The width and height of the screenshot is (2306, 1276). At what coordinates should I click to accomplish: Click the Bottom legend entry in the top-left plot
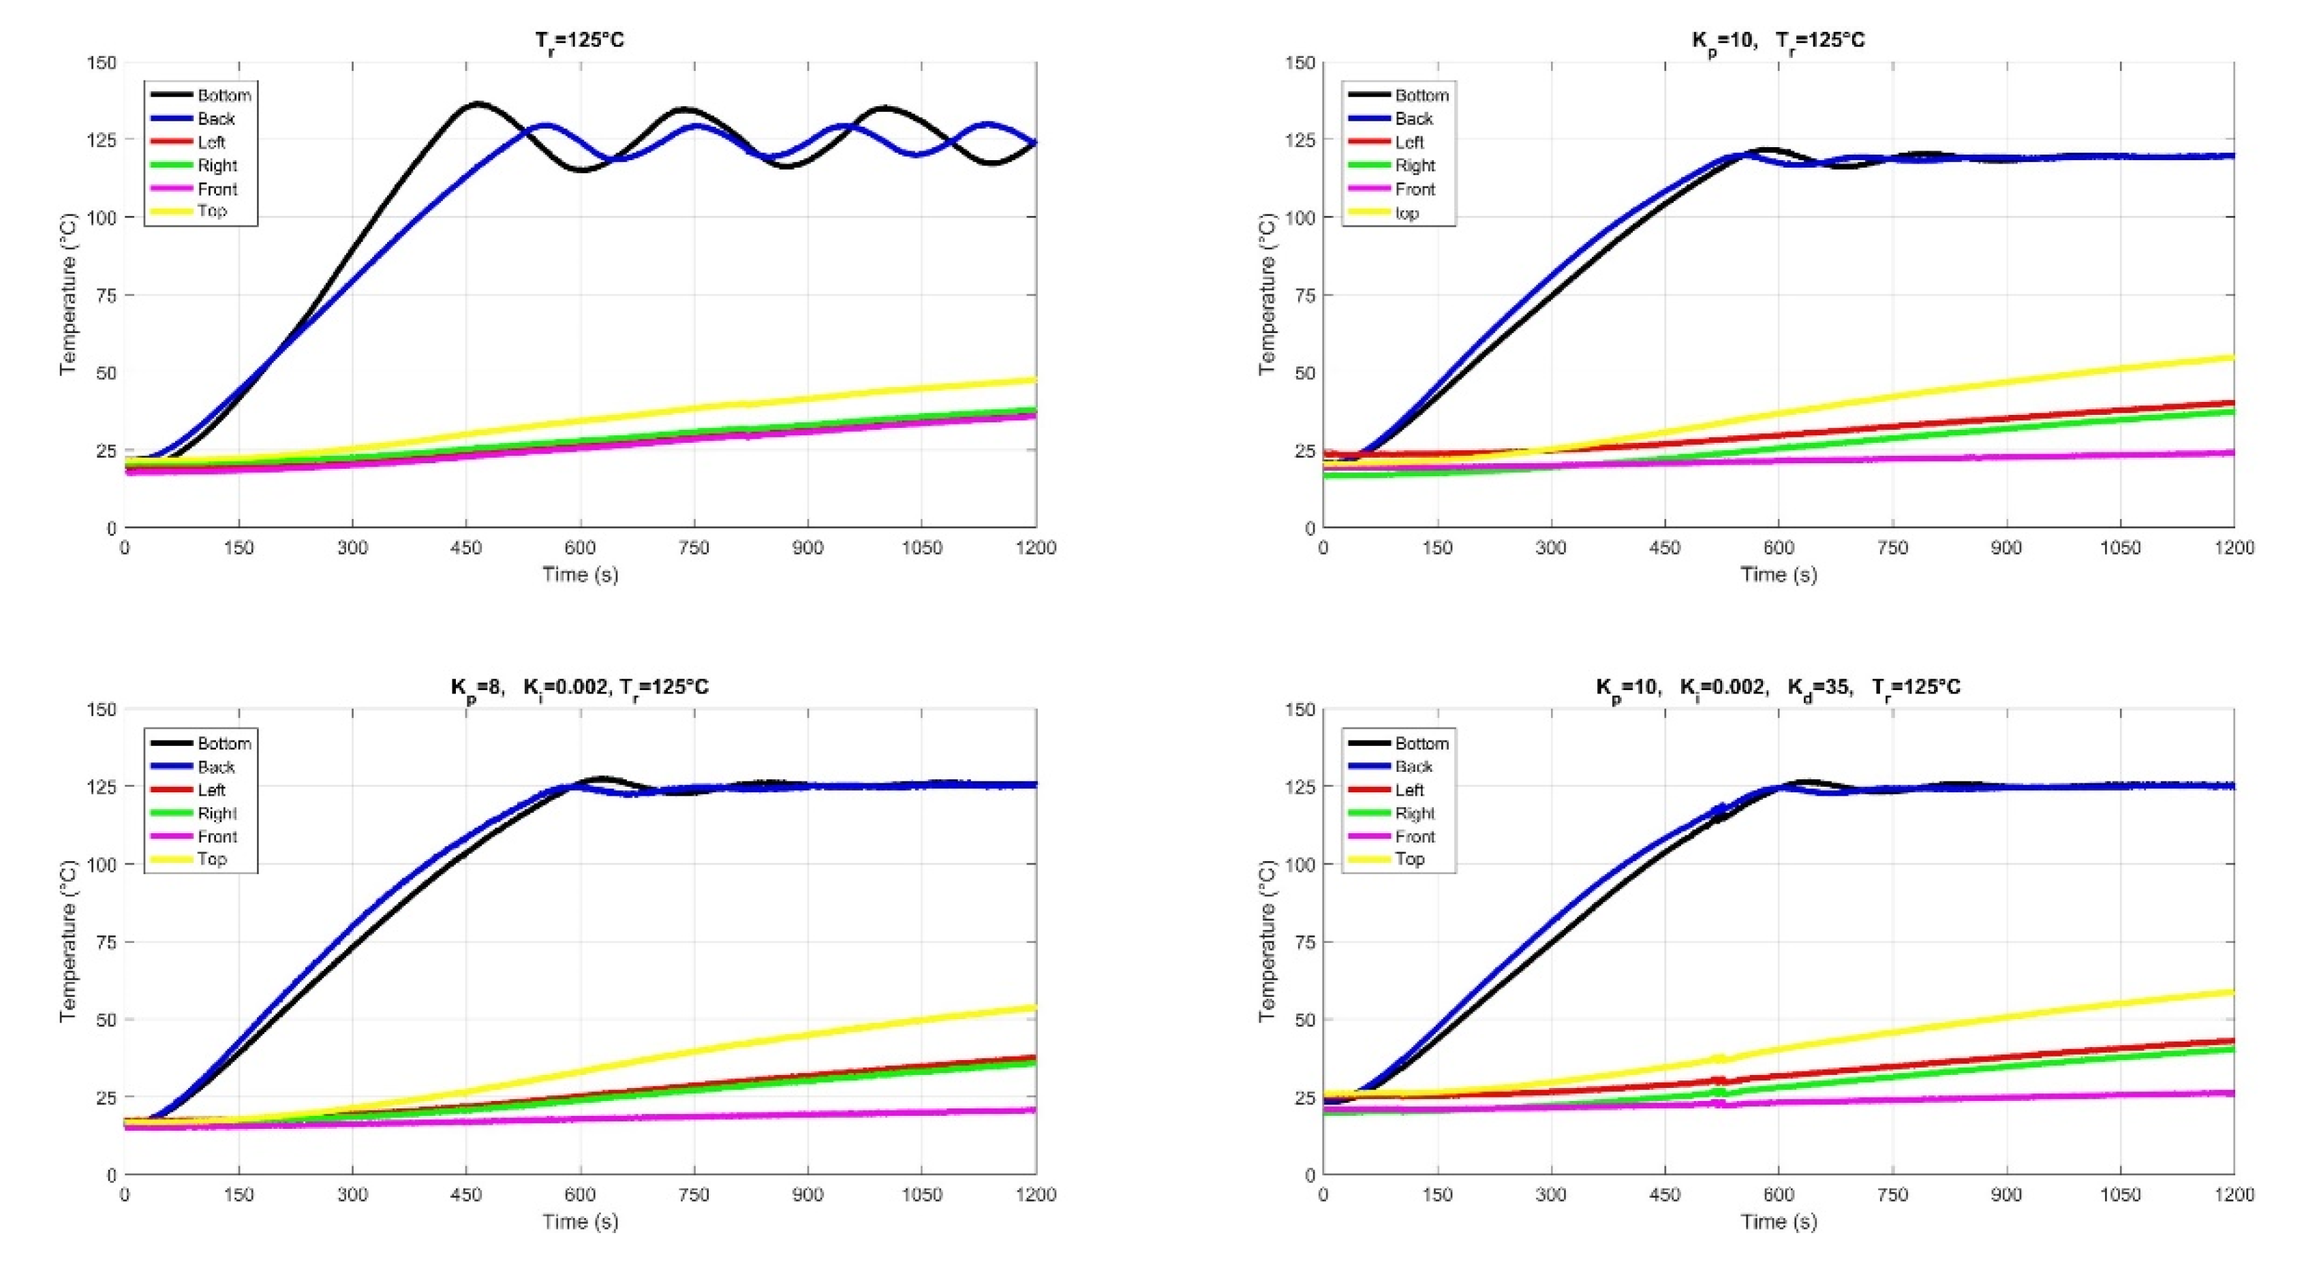[224, 95]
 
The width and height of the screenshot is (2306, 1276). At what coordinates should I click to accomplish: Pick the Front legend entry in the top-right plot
[1415, 189]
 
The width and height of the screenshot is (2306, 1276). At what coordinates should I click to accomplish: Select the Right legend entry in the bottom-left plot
[217, 813]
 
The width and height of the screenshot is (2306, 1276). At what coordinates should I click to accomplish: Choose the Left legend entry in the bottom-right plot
[1409, 790]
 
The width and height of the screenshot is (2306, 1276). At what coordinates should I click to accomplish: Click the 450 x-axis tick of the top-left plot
[466, 547]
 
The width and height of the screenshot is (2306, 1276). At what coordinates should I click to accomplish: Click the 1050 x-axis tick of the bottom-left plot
[922, 1194]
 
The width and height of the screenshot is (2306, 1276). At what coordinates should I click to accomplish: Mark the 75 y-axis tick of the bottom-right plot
[1304, 942]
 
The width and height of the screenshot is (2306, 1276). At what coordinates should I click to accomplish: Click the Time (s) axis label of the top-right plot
[1778, 574]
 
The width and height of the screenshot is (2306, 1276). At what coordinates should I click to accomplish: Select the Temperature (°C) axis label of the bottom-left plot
[68, 942]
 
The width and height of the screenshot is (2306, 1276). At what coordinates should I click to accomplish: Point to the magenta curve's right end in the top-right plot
[2232, 453]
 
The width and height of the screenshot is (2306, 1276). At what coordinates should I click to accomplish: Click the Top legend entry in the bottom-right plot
[1409, 859]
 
